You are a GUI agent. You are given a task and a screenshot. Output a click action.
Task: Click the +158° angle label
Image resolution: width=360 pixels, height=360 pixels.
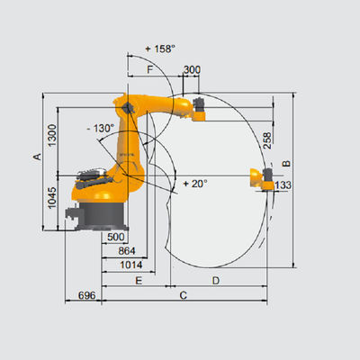pos(160,49)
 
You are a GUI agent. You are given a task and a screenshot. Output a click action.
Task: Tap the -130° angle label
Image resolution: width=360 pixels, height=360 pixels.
pos(101,129)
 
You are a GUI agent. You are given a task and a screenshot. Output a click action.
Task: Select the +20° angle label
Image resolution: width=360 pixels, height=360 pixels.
pos(195,184)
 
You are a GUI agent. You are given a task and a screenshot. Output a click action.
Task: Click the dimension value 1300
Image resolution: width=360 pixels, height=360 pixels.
pos(52,135)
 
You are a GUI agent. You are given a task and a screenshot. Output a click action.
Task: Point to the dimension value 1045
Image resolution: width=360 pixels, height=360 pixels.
pos(52,198)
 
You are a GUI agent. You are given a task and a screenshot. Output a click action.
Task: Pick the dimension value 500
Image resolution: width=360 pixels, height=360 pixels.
pos(116,237)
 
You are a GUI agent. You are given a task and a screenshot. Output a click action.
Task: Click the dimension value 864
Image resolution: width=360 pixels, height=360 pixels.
pos(127,251)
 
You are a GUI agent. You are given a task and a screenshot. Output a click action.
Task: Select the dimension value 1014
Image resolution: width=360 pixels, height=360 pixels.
pos(131,265)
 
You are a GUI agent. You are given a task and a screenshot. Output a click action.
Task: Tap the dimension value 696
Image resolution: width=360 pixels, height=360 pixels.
pos(86,295)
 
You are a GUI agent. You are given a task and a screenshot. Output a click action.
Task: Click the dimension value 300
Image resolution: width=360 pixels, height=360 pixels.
pos(192,70)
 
